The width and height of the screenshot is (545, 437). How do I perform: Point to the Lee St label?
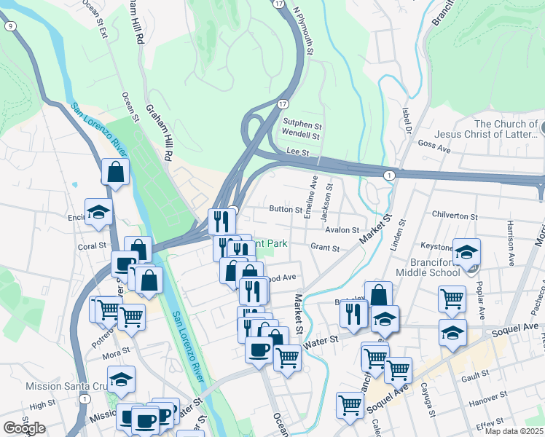click(x=299, y=153)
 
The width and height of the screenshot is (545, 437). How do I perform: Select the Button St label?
click(x=286, y=209)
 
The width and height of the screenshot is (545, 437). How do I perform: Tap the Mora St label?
click(x=116, y=355)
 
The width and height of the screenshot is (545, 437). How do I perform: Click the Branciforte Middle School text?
click(x=427, y=267)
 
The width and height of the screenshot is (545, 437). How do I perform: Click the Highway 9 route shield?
click(x=9, y=26)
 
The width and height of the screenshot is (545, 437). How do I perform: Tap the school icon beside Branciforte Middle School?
click(x=467, y=252)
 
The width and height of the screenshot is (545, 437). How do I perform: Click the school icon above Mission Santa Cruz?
click(x=121, y=379)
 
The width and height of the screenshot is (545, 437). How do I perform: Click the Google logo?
click(x=23, y=428)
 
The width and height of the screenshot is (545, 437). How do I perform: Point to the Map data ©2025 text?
click(x=514, y=431)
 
